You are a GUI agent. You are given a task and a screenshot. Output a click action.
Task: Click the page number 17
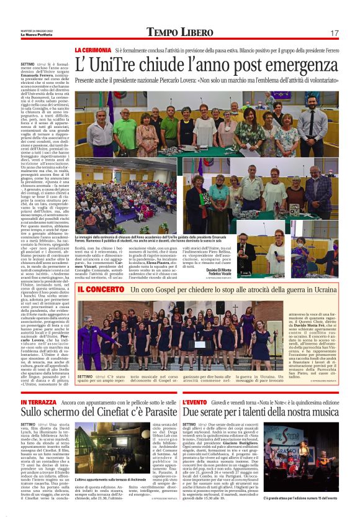coord(334,33)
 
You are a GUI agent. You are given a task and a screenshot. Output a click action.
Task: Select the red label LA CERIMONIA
coord(92,49)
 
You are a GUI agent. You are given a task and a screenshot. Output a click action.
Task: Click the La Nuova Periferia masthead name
coord(35,35)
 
